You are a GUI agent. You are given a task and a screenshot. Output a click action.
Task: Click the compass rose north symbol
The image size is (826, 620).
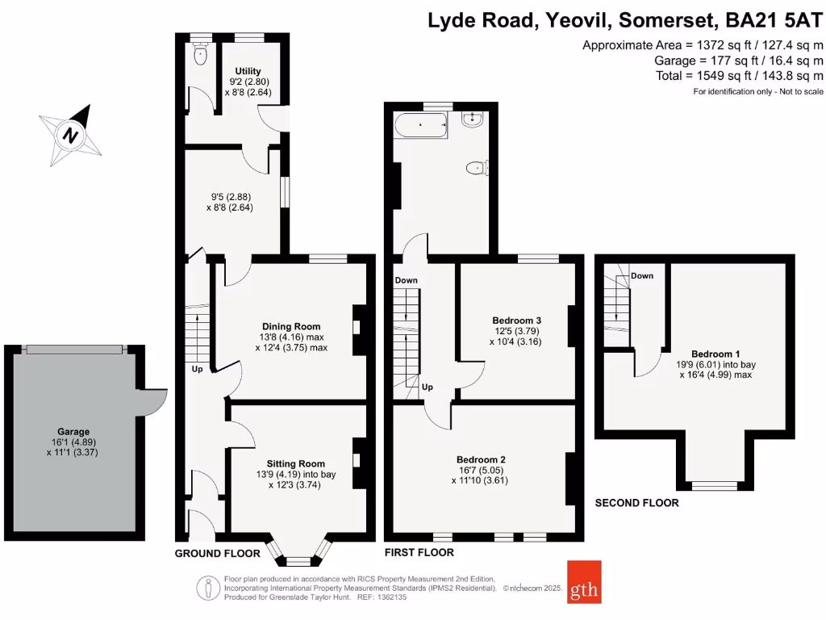pos(72,134)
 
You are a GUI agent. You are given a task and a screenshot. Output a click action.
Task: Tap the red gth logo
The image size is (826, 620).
pos(584,581)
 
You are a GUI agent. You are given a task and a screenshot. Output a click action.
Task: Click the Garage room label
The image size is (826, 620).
pos(73,432)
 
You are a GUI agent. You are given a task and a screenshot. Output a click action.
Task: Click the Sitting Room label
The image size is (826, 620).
pos(296,464)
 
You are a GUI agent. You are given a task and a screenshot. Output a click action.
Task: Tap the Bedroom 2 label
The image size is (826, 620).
pos(480,459)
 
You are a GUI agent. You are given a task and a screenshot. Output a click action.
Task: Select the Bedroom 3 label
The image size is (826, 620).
pos(516,320)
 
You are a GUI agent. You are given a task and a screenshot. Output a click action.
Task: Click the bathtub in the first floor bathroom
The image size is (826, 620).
pos(421,126)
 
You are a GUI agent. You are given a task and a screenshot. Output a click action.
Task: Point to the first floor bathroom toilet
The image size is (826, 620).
pos(477,168)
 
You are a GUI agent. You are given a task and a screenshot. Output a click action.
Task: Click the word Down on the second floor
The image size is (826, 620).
pos(642,275)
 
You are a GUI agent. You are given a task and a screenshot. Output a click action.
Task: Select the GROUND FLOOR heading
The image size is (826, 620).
pos(217,554)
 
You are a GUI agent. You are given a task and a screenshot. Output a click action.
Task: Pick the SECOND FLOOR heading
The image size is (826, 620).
pos(636,503)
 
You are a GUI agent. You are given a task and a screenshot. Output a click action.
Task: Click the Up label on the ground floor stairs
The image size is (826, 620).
pos(197,370)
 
